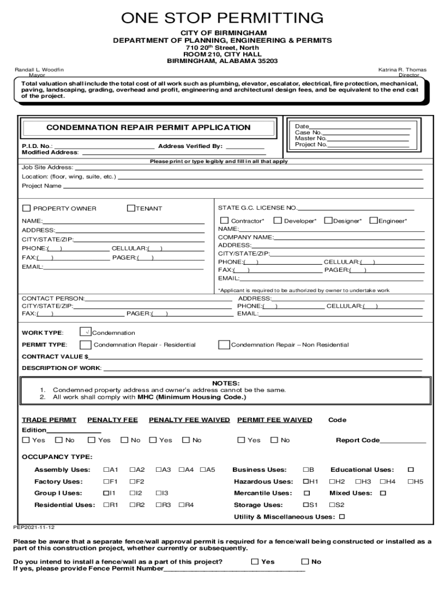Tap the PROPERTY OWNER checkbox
point(26,208)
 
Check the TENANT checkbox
point(131,208)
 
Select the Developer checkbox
point(277,220)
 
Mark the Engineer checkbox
point(373,220)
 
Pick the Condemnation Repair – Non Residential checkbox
point(224,345)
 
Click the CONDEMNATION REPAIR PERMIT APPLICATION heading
point(148,127)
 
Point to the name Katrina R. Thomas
point(402,69)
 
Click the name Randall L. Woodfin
point(39,69)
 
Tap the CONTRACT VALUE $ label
point(55,357)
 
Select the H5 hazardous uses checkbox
point(410,482)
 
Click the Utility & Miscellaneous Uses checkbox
point(342,516)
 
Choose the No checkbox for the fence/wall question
point(305,561)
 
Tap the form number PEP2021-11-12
point(34,527)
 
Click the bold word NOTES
point(225,383)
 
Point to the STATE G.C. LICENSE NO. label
point(257,208)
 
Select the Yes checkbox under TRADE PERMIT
point(25,440)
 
